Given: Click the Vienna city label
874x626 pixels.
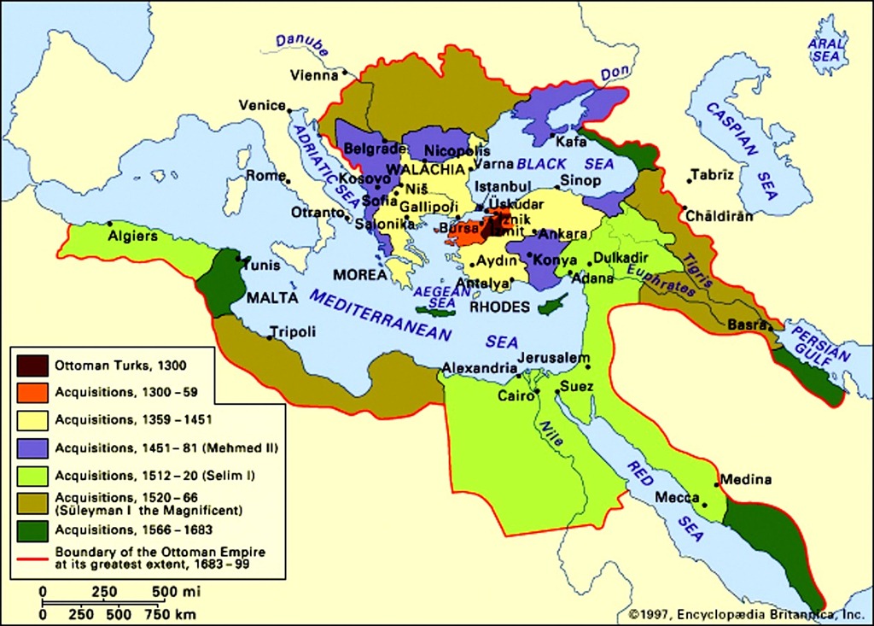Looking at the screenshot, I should click(x=314, y=75).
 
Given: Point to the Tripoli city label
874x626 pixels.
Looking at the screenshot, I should click(x=293, y=332).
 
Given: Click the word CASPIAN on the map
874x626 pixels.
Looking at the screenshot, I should click(x=734, y=136).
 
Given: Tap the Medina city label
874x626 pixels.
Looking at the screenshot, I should click(x=746, y=480).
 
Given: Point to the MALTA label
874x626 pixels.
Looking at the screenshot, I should click(x=271, y=298).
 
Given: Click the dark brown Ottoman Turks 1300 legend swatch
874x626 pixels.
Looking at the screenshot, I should click(x=32, y=366).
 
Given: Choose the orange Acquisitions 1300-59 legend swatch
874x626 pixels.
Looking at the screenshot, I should click(x=32, y=393).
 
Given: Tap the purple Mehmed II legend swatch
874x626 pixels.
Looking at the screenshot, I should click(x=32, y=447).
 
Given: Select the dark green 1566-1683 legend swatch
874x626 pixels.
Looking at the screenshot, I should click(x=32, y=529).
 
